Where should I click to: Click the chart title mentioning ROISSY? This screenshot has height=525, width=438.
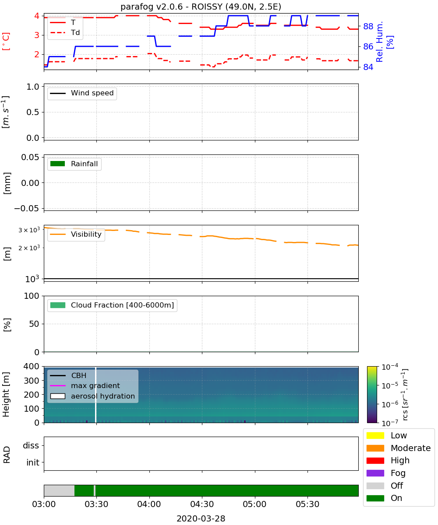coord(201,7)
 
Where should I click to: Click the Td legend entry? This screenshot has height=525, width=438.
coord(65,33)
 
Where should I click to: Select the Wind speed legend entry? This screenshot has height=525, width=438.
coord(82,93)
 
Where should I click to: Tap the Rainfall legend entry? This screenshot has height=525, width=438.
coord(74,164)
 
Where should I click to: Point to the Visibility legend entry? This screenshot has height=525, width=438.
coord(76,234)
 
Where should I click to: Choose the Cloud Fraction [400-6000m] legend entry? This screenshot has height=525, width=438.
coord(112,305)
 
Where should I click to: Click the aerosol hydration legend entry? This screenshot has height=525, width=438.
coord(92,396)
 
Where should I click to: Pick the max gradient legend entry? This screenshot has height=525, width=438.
coord(85,386)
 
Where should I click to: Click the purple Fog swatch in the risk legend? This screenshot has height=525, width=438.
coord(375,473)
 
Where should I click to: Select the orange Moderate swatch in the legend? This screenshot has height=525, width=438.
coord(375,448)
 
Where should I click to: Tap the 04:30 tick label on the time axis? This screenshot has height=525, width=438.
coord(202,504)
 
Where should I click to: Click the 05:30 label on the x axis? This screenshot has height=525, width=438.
coord(307,504)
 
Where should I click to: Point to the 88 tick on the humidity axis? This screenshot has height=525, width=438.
coord(368,26)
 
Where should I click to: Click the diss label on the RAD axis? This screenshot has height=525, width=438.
coord(31,445)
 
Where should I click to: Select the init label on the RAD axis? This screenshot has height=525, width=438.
coord(33,462)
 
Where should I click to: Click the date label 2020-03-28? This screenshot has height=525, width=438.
coord(201,519)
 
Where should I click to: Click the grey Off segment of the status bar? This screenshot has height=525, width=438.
coord(59,490)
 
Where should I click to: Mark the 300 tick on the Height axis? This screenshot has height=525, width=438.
coord(32,381)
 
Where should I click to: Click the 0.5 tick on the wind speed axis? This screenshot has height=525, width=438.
coord(33,112)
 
